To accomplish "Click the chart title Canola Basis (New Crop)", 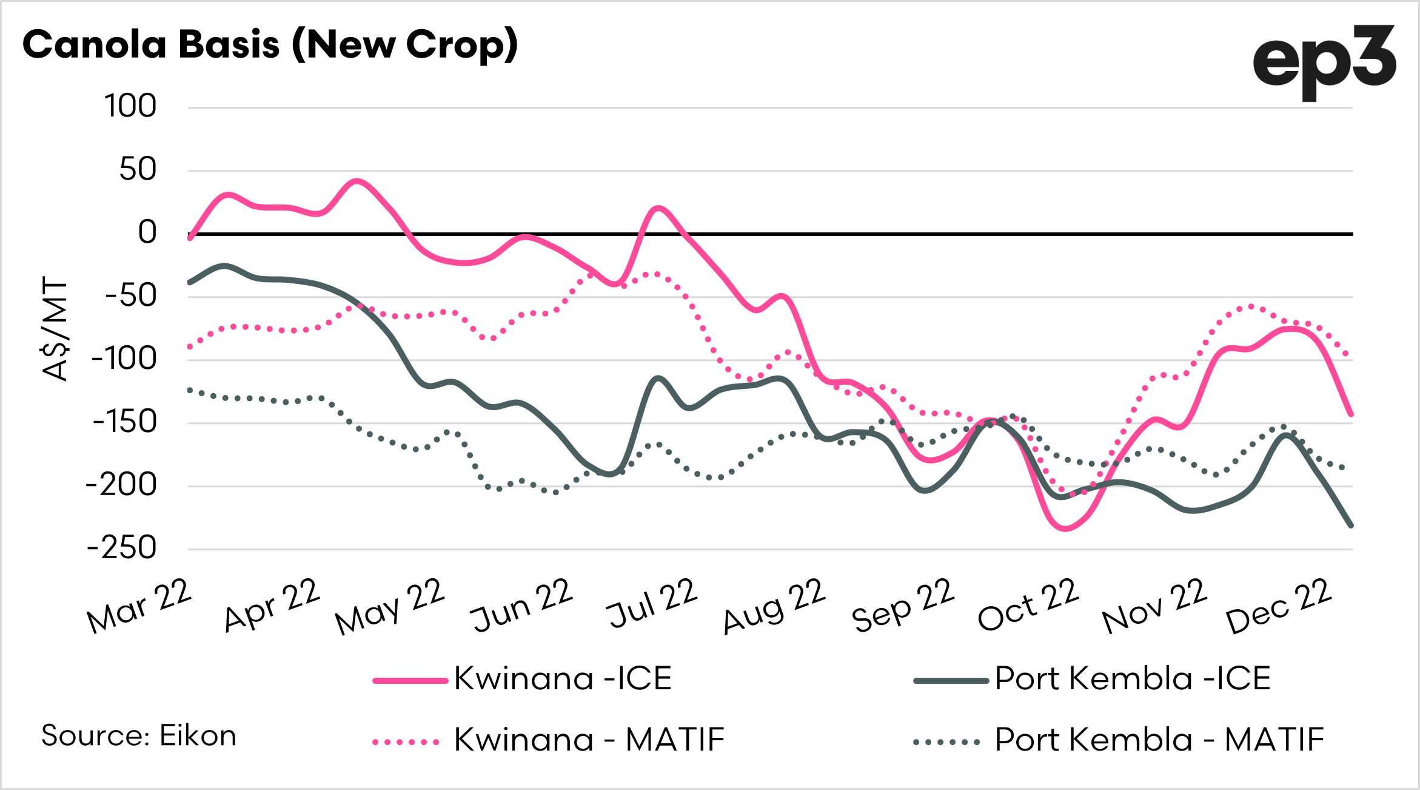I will click(x=270, y=45).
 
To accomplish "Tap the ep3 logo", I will click(x=1324, y=62).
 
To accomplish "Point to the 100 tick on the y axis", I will click(x=130, y=106).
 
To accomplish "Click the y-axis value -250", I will click(x=122, y=548).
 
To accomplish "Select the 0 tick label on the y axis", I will click(x=147, y=232).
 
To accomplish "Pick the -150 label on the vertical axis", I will click(x=124, y=422).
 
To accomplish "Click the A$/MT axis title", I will click(x=55, y=328).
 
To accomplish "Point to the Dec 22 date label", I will click(x=1279, y=606).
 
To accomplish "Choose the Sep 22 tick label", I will click(x=903, y=606).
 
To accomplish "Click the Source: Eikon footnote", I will click(x=139, y=736).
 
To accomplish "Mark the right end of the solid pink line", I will click(x=1351, y=414).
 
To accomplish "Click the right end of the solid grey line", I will click(x=1351, y=525).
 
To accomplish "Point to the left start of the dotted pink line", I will click(x=190, y=347).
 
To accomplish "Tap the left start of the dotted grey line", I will click(x=190, y=390).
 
